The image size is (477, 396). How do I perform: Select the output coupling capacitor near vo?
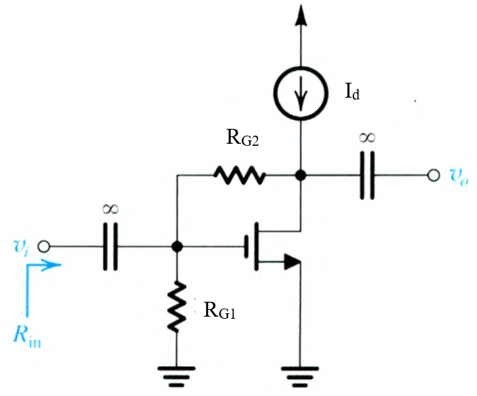click(x=367, y=176)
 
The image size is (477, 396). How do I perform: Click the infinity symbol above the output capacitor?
click(x=367, y=138)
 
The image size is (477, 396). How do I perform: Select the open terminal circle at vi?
click(x=45, y=247)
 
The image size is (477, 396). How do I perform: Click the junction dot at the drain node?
click(x=299, y=176)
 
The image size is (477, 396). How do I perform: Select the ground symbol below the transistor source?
click(x=299, y=374)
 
